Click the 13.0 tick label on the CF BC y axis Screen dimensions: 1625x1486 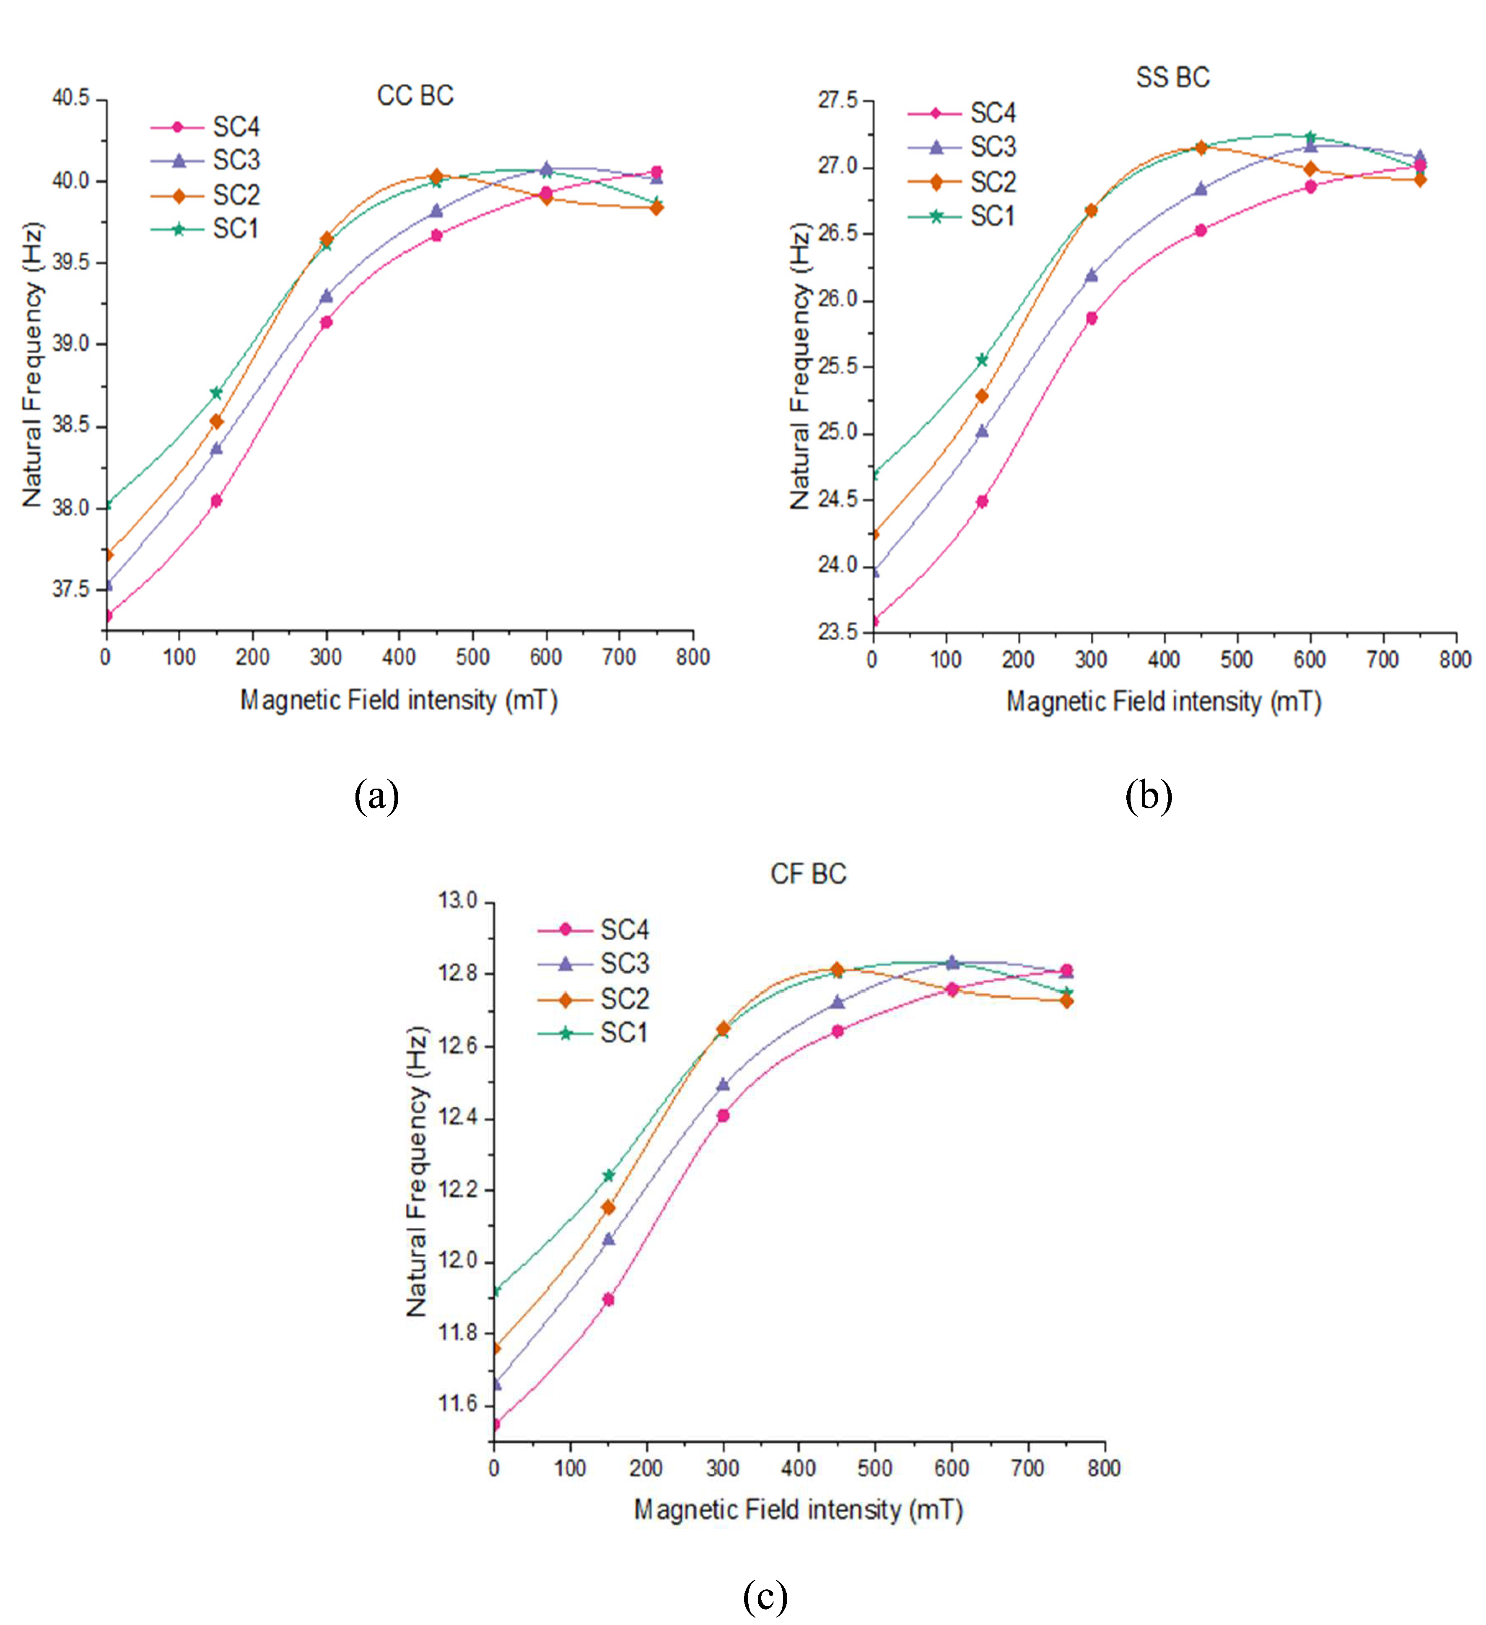[x=458, y=900]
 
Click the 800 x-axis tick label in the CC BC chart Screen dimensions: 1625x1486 [x=692, y=658]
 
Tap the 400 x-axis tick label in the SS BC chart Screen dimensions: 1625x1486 [x=1164, y=660]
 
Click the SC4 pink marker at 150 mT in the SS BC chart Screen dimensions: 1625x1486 [x=982, y=501]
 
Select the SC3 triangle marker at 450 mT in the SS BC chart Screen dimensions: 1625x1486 [x=1201, y=189]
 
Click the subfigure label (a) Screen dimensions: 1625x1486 [x=376, y=797]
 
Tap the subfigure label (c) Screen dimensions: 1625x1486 [x=764, y=1596]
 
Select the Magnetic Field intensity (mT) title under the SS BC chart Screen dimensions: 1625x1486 [x=1164, y=702]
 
